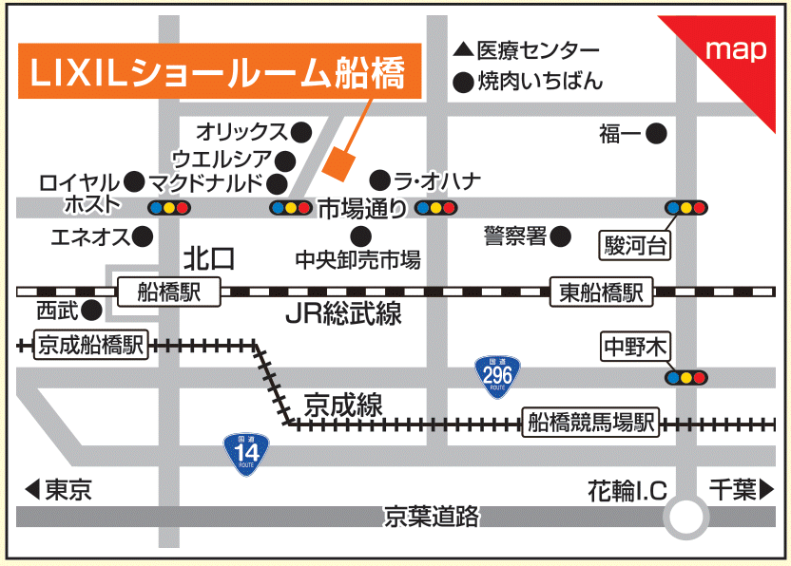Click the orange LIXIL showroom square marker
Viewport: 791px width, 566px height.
click(338, 161)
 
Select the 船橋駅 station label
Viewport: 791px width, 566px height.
click(168, 292)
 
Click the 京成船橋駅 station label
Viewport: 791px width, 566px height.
click(89, 344)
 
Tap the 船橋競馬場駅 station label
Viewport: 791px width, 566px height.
click(590, 423)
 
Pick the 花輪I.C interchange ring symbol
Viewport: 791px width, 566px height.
click(686, 519)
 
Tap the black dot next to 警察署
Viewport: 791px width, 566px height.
click(561, 236)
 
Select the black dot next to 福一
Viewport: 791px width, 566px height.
click(656, 134)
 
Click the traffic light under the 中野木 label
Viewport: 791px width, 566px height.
click(685, 377)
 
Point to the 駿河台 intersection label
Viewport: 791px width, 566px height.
click(635, 247)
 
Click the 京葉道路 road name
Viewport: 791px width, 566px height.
click(432, 517)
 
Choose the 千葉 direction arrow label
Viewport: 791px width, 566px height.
click(742, 490)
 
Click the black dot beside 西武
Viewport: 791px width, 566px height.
click(91, 310)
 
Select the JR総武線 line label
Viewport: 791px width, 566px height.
click(343, 314)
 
